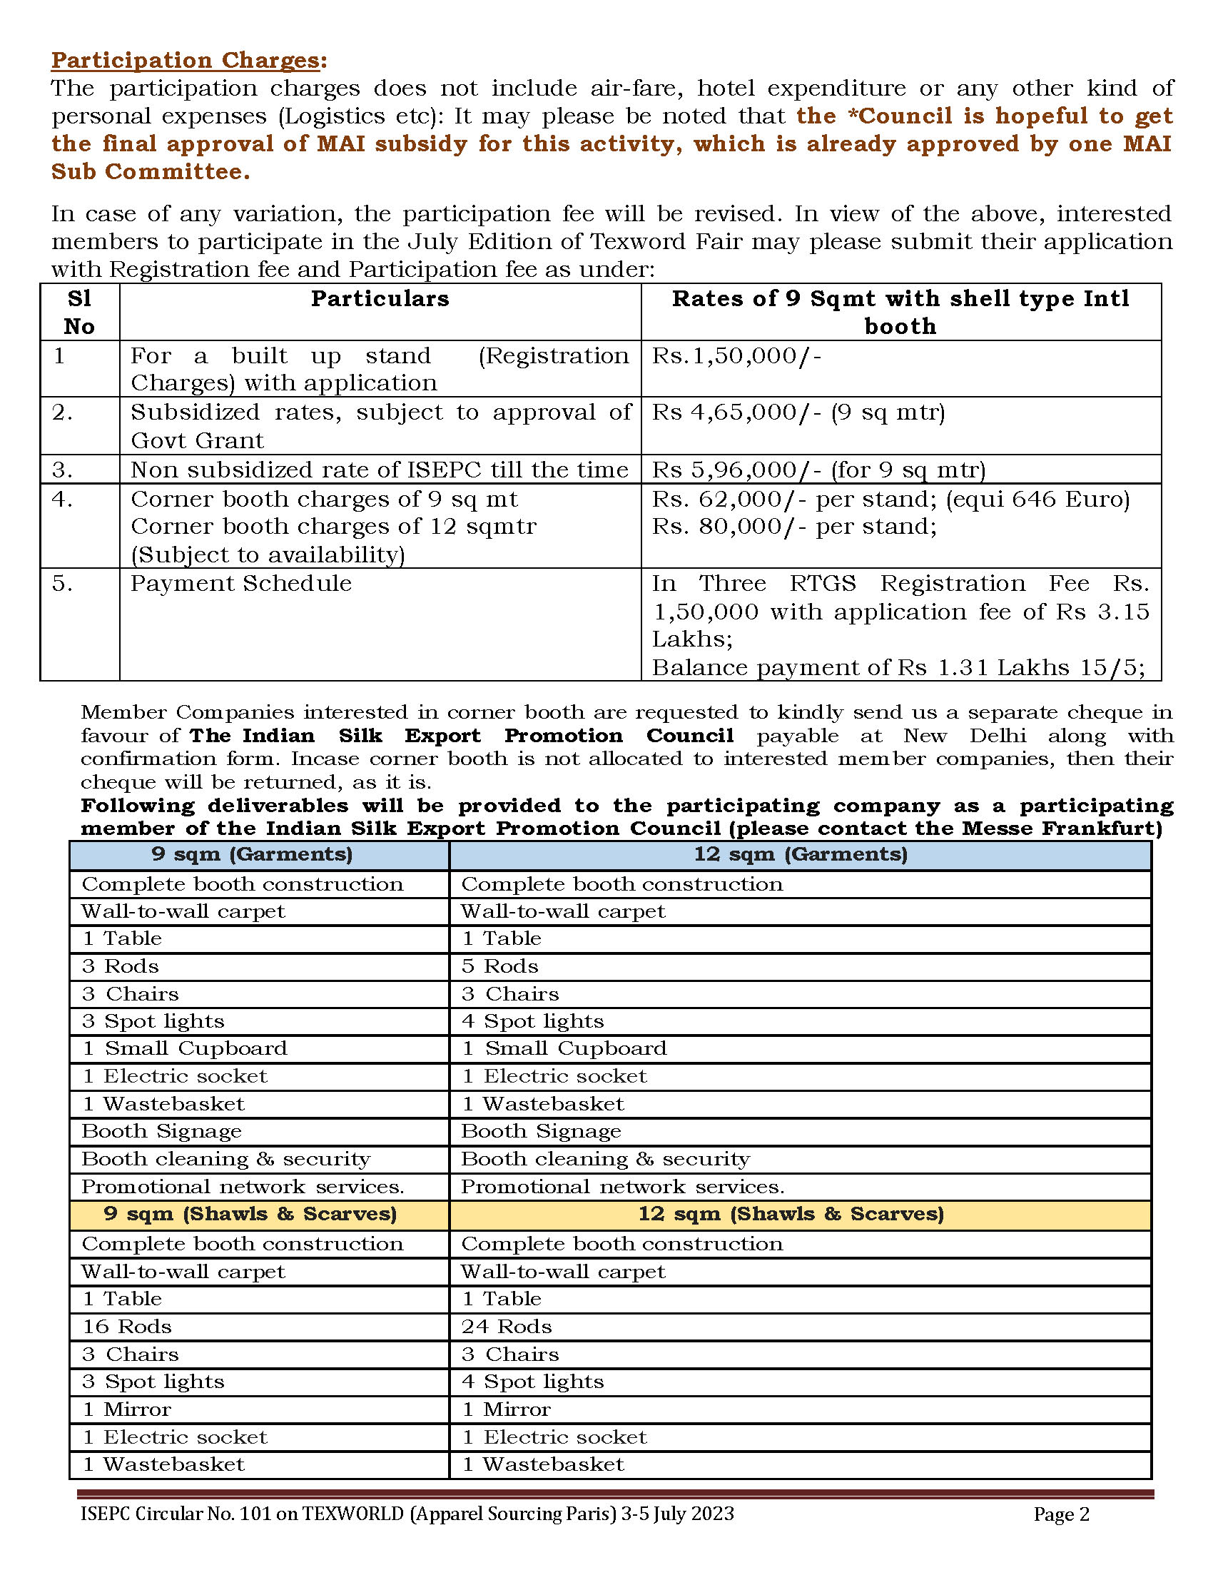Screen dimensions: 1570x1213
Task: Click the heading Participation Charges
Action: click(186, 61)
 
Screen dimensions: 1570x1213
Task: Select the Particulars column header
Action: click(380, 298)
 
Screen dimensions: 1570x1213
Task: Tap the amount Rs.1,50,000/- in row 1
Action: click(736, 356)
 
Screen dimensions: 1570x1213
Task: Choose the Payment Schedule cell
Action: click(240, 583)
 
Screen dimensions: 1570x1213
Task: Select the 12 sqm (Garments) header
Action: click(800, 854)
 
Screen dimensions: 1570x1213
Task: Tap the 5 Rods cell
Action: click(499, 966)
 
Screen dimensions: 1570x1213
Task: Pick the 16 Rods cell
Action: click(126, 1327)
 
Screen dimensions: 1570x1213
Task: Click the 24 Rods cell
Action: click(507, 1327)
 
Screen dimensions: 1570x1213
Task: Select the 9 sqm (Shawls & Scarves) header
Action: click(250, 1214)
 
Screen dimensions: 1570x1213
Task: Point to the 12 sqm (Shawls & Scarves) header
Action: click(791, 1214)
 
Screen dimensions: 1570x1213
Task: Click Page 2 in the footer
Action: click(1062, 1514)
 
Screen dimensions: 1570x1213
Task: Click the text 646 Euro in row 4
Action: click(1067, 499)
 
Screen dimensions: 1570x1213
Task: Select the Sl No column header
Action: click(79, 312)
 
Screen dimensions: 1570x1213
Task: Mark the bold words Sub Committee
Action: click(149, 172)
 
